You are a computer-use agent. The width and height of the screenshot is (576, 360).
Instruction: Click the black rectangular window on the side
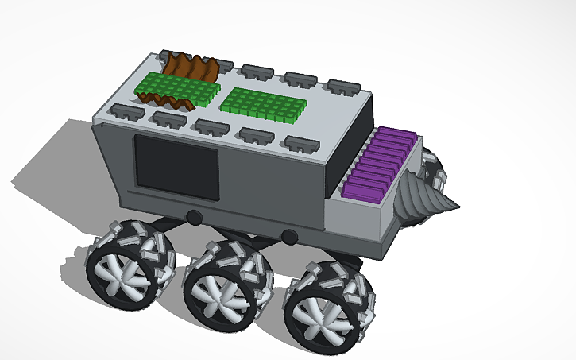coord(176,167)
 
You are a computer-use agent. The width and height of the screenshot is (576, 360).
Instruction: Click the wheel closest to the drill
coord(326,300)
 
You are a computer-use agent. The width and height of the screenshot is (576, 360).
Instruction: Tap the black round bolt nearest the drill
coord(290,235)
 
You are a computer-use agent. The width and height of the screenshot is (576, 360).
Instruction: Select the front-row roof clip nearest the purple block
coord(298,145)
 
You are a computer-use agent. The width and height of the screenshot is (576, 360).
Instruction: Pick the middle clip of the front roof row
coord(211,127)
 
